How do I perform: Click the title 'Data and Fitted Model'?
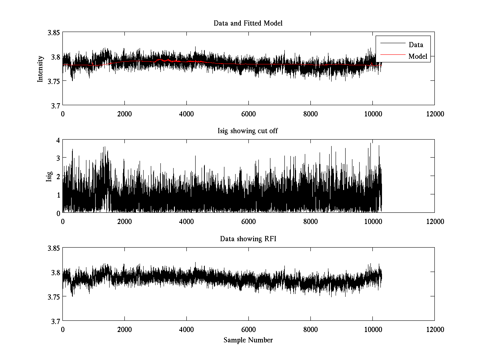(248, 23)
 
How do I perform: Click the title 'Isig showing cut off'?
(248, 131)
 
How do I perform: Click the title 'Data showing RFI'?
(248, 239)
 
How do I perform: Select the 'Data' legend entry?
(416, 45)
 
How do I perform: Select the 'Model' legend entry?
(418, 56)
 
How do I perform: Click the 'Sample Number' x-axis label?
(248, 340)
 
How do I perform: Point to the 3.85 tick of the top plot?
(54, 33)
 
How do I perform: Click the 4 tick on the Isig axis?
(58, 140)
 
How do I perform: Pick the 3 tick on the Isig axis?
(58, 158)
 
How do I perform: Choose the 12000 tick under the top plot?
(435, 114)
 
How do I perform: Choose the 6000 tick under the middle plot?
(248, 222)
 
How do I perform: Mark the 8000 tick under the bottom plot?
(310, 330)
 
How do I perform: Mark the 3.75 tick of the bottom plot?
(54, 297)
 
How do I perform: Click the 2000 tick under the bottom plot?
(124, 330)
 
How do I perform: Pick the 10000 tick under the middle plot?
(372, 222)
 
